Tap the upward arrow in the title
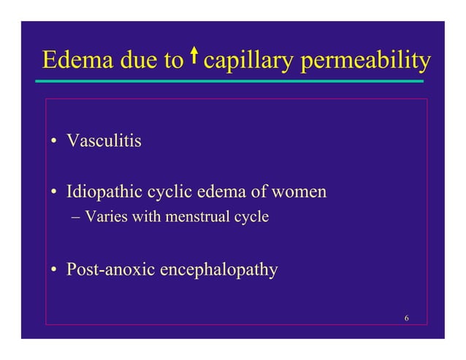tap(194, 56)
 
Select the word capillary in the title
tap(246, 61)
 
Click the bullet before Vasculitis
tap(55, 141)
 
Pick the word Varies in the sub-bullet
tap(104, 217)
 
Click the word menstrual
tap(201, 217)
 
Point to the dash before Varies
tap(77, 218)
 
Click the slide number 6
tap(405, 316)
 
